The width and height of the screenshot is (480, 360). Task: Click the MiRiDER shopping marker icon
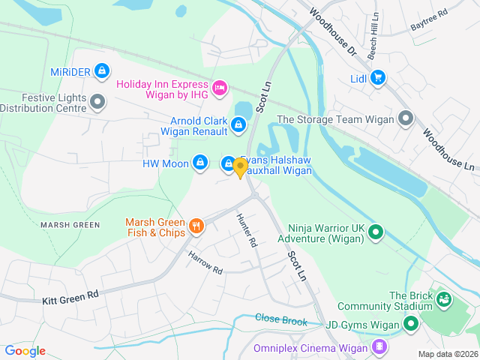pos(102,71)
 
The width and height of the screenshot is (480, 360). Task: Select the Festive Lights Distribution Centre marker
pos(97,101)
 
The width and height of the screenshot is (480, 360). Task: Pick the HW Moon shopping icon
pos(200,162)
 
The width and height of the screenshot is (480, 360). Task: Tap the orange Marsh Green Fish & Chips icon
pos(196,225)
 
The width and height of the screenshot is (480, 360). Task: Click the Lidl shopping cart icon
pos(377,77)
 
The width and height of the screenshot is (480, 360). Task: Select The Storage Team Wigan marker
pos(406,118)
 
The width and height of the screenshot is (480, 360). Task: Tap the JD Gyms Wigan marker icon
pos(410,324)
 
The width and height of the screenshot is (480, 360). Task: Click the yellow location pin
pos(240,168)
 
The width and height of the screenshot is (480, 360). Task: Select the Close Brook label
pos(281,319)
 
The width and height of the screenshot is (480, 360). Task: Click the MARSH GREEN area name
pos(70,225)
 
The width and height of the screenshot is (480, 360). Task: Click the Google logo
pos(25,350)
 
